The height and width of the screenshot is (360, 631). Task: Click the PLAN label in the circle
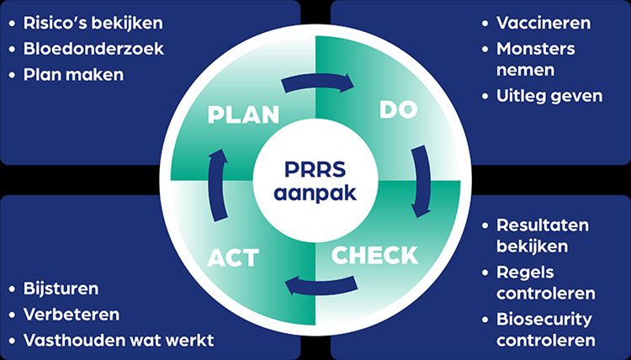[243, 114]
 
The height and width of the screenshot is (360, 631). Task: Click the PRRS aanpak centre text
[315, 181]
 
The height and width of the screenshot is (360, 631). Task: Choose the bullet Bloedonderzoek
[94, 48]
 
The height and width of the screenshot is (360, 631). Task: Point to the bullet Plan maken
[75, 74]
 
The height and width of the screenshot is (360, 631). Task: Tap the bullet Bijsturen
[62, 289]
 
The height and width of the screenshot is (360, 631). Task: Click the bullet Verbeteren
[72, 314]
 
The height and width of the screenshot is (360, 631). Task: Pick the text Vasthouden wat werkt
[119, 340]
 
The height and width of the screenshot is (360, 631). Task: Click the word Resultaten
[543, 225]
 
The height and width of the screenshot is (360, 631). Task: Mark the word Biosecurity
[544, 320]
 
